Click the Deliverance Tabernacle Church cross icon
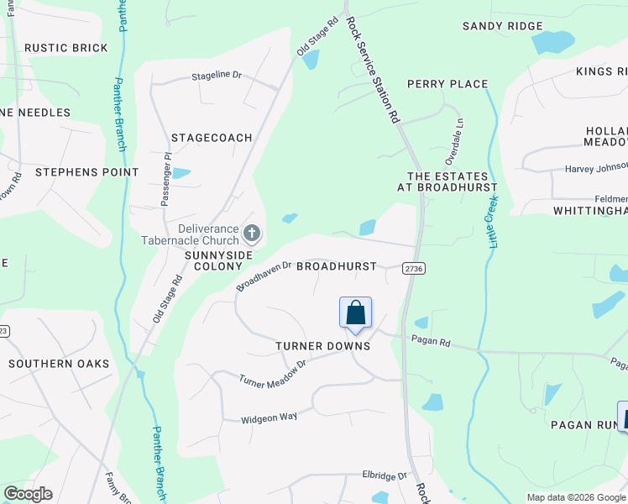pos(251,233)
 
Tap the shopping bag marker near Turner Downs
pos(355,312)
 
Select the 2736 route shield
pos(413,268)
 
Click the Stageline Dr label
pos(216,76)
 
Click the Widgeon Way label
pos(269,417)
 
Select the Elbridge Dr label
pos(385,475)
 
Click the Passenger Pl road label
pos(166,180)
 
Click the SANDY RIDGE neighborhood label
pos(503,26)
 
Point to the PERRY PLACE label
pos(447,84)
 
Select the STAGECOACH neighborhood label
pos(212,137)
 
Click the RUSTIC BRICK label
pos(66,48)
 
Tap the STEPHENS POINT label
pos(86,172)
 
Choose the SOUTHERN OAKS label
pos(59,364)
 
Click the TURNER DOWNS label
pos(323,346)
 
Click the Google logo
pos(28,494)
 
